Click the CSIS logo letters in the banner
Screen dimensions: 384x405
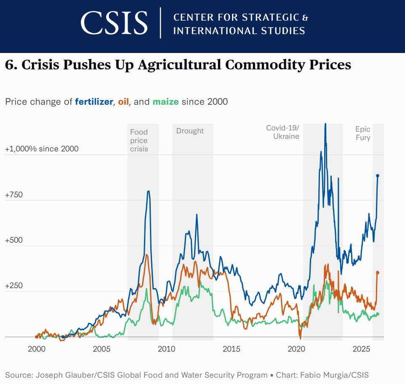[114, 23]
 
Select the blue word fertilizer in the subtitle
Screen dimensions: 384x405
[94, 102]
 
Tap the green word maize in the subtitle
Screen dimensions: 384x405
[165, 102]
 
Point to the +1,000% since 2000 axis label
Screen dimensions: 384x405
[42, 149]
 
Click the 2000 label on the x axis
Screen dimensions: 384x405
[37, 349]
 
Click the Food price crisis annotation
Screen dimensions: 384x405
[139, 140]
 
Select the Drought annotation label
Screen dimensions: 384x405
[190, 131]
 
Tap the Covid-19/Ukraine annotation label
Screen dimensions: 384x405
[283, 132]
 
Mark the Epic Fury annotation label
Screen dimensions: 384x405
[363, 133]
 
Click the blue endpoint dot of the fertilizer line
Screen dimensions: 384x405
[378, 176]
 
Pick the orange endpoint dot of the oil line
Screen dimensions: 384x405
[378, 273]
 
